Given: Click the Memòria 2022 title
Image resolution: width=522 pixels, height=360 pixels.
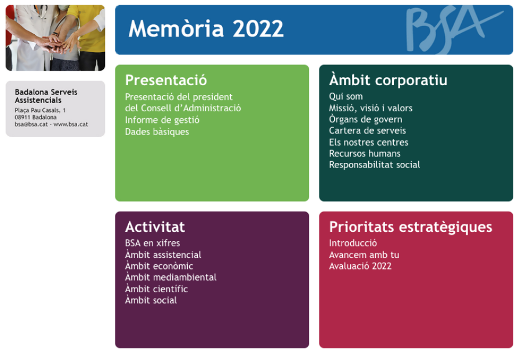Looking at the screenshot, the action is [x=206, y=28].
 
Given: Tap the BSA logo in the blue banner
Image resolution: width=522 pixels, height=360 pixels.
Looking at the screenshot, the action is [x=454, y=30].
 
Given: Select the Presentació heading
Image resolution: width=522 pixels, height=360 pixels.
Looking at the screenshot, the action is [x=166, y=80].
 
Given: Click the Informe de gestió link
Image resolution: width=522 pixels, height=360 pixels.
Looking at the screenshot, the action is [x=162, y=120].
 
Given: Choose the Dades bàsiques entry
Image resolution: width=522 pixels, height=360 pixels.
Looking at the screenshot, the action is [x=157, y=132].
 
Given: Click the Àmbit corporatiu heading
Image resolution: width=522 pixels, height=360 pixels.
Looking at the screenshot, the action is [x=388, y=79].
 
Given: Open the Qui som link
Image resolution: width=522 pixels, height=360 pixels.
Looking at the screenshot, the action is [x=346, y=96].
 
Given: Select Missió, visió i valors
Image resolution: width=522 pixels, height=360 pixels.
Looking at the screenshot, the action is [x=371, y=108].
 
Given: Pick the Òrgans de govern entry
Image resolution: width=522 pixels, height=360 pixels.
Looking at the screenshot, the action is [x=365, y=119].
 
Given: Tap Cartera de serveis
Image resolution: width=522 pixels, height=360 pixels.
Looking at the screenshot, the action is [x=368, y=130].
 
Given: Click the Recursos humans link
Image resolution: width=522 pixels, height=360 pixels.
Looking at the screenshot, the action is [x=365, y=154].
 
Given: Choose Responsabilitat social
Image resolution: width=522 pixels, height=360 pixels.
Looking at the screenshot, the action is [x=375, y=165].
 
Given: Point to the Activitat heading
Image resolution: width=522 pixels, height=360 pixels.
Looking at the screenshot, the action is [x=155, y=227].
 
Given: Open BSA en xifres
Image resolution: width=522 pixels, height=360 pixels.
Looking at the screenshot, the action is [x=153, y=243].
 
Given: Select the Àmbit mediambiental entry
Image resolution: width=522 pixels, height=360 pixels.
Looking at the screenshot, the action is [x=171, y=277].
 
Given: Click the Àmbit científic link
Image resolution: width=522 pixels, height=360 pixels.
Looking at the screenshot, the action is [x=157, y=289].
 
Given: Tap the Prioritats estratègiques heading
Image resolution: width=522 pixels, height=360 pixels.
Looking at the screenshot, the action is [x=411, y=227].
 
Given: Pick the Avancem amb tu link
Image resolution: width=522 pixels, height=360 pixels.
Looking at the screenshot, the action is [x=364, y=255].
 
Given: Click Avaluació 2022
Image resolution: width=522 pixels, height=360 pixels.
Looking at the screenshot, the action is [x=360, y=266].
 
